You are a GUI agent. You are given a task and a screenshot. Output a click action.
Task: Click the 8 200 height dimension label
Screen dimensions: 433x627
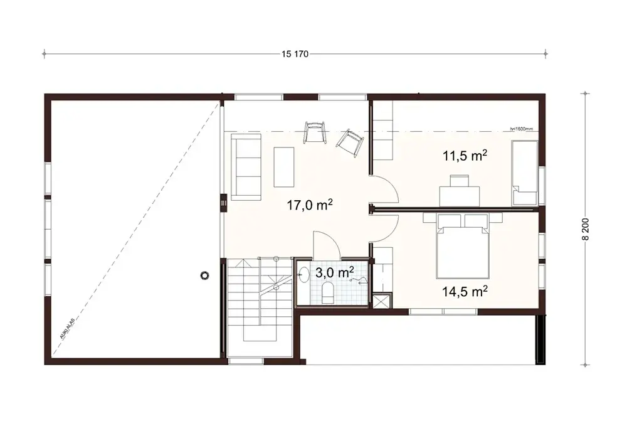[586, 229]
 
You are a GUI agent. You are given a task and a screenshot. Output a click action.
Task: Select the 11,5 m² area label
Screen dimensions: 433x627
[466, 156]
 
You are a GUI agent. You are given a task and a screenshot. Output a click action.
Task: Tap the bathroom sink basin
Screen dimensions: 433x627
[304, 274]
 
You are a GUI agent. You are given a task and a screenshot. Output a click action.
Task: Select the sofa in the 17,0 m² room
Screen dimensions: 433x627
[246, 168]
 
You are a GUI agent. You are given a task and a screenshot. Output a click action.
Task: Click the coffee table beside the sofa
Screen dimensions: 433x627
[284, 166]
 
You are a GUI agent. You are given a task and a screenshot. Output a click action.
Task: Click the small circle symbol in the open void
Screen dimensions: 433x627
[204, 274]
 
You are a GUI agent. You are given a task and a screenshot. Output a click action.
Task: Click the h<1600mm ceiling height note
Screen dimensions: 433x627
[522, 129]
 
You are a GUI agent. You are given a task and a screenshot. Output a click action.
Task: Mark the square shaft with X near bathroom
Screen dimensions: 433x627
[380, 301]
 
